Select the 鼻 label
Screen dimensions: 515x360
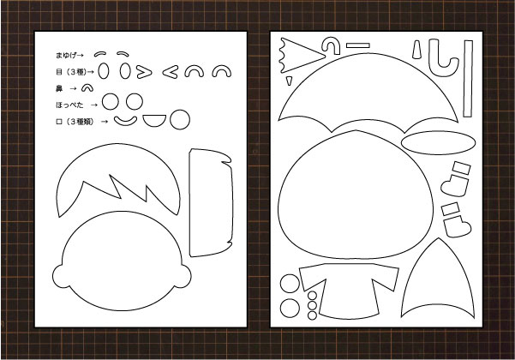(59, 88)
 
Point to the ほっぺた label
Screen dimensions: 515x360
(69, 105)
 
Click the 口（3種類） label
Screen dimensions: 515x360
(75, 122)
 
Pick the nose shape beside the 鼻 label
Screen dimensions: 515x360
(87, 87)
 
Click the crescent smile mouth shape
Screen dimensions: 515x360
(125, 121)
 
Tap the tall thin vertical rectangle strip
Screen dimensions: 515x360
(468, 79)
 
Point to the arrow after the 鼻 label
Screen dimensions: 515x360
(73, 88)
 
